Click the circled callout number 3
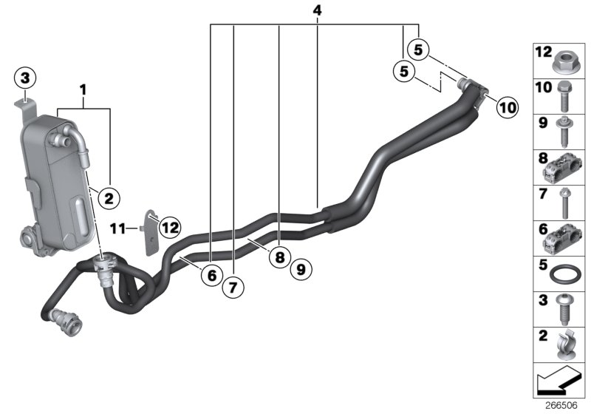pyautogui.click(x=25, y=77)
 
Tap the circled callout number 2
pyautogui.click(x=109, y=197)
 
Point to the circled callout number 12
pyautogui.click(x=170, y=227)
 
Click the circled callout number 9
pyautogui.click(x=301, y=270)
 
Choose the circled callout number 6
pyautogui.click(x=211, y=275)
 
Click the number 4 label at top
pyautogui.click(x=317, y=11)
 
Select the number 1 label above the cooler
pyautogui.click(x=83, y=90)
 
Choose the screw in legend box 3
pyautogui.click(x=564, y=311)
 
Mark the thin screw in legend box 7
pyautogui.click(x=563, y=203)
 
